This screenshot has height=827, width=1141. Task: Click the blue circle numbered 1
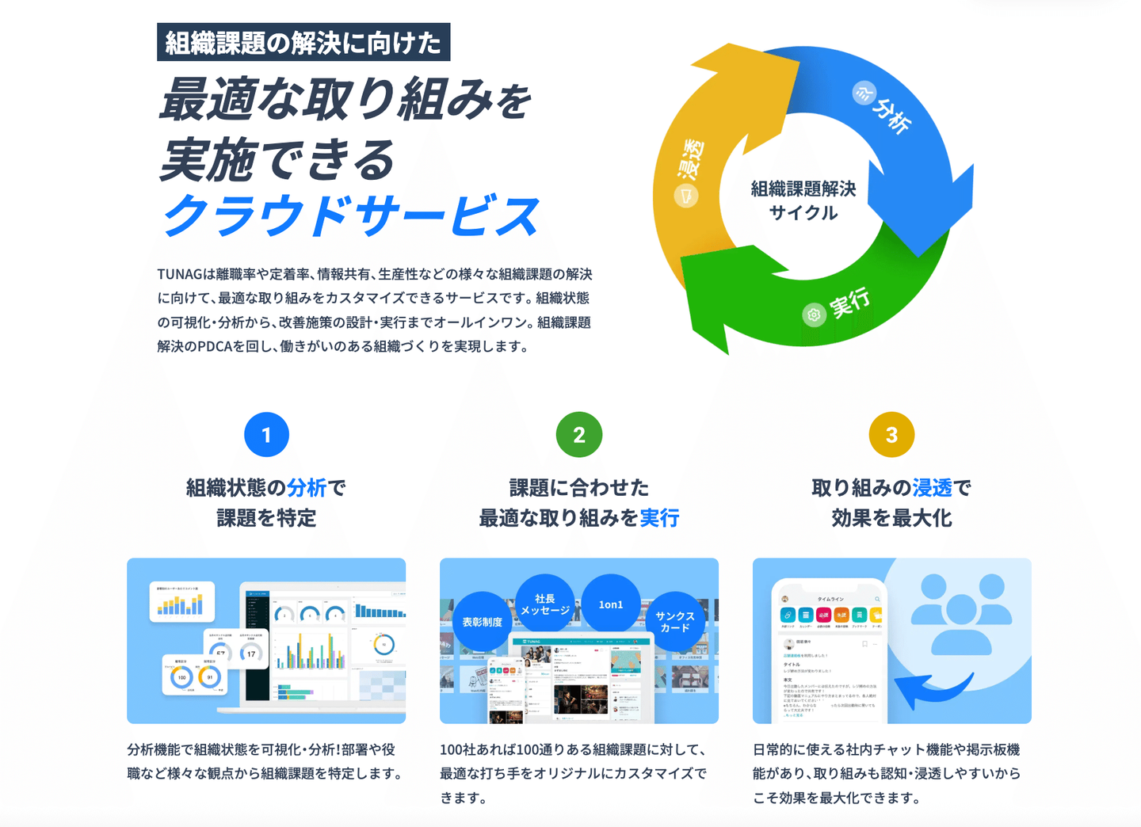[266, 434]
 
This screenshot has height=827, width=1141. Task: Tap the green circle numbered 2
[579, 434]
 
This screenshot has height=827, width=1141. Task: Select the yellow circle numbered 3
[891, 434]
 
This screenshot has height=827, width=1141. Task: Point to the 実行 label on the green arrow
[850, 303]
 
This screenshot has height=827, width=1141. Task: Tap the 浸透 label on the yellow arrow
[690, 159]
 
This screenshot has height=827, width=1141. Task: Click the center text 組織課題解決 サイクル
[803, 200]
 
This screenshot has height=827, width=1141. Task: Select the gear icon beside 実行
[813, 315]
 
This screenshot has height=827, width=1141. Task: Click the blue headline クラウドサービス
[351, 215]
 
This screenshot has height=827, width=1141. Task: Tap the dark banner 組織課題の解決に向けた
[303, 43]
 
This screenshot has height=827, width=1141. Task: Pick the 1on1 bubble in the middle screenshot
[610, 604]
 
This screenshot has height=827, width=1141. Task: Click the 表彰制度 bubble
[483, 622]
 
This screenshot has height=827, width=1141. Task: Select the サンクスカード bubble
[674, 622]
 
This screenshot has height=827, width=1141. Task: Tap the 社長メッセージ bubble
[545, 604]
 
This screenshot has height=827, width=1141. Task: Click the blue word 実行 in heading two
[659, 518]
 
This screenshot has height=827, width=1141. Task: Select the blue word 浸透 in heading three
[932, 488]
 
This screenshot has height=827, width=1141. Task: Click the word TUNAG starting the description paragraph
[180, 274]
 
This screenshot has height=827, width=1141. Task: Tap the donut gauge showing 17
[251, 654]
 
